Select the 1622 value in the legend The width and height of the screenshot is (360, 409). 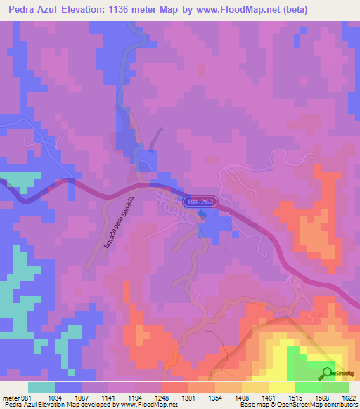tap(349, 398)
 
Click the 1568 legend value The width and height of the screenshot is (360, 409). tap(322, 398)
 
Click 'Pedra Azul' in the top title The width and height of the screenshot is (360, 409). tap(32, 8)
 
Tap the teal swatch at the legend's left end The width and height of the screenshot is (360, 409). tap(41, 387)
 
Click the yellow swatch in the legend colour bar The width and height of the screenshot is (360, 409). tap(282, 387)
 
